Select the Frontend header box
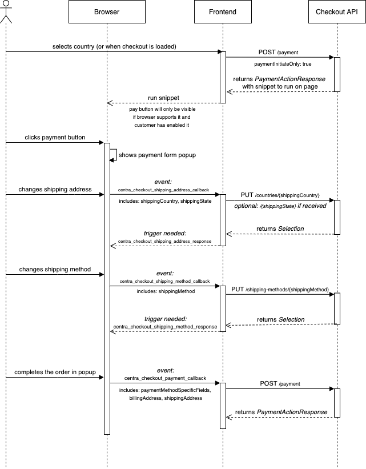click(x=223, y=12)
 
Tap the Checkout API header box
click(x=337, y=12)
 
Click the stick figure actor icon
click(x=6, y=11)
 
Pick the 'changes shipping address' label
click(x=55, y=189)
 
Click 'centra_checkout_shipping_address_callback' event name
click(x=163, y=189)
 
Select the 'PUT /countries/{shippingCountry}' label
click(x=279, y=195)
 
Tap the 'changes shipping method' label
click(x=55, y=269)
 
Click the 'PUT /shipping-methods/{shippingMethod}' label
click(x=279, y=290)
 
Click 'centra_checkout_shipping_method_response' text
click(x=165, y=327)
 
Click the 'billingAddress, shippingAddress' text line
click(x=165, y=398)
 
